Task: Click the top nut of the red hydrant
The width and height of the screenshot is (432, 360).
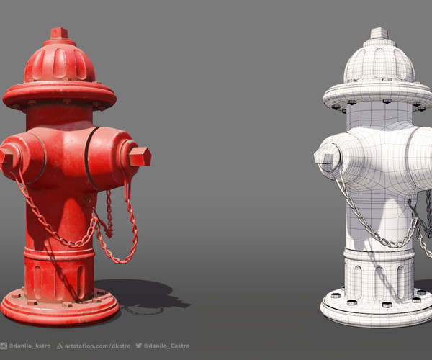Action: [59, 33]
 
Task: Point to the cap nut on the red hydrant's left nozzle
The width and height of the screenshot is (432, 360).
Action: [6, 158]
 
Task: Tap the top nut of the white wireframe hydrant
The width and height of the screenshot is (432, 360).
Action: [379, 33]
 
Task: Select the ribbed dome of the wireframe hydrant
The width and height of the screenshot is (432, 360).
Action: [379, 63]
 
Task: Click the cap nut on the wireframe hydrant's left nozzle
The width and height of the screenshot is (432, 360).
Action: [325, 156]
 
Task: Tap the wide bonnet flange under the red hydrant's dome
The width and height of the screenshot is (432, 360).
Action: [59, 94]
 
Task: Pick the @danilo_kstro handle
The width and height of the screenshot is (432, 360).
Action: [28, 346]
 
